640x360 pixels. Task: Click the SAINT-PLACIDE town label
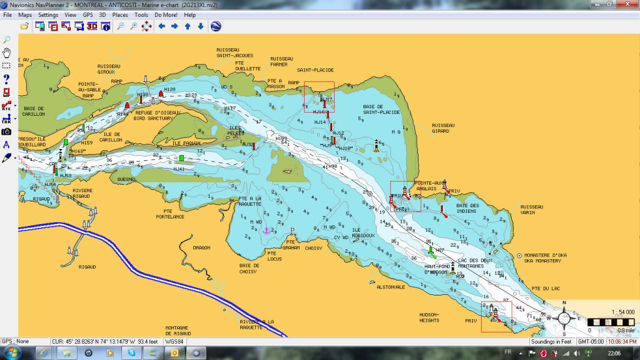pyautogui.click(x=315, y=70)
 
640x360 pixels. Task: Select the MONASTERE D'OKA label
pyautogui.click(x=549, y=255)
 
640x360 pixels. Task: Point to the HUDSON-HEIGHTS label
pyautogui.click(x=429, y=317)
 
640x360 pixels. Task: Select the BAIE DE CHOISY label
pyautogui.click(x=249, y=268)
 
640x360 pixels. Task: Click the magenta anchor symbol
pyautogui.click(x=265, y=230)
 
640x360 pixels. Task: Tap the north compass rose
pyautogui.click(x=564, y=317)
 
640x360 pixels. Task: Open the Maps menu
pyautogui.click(x=25, y=14)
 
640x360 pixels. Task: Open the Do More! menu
pyautogui.click(x=166, y=14)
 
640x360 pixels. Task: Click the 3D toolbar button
pyautogui.click(x=92, y=26)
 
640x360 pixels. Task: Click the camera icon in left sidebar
pyautogui.click(x=6, y=131)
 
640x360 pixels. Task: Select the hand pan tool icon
pyautogui.click(x=6, y=52)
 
